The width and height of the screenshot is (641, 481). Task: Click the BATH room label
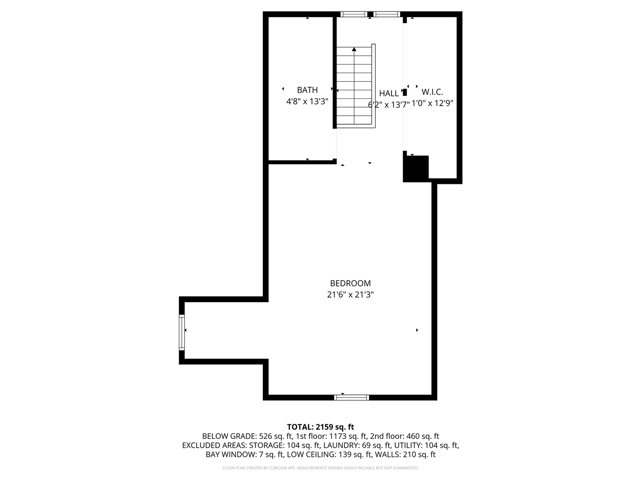(307, 90)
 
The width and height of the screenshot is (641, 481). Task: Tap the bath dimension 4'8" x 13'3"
(307, 102)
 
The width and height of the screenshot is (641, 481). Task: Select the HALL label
(389, 93)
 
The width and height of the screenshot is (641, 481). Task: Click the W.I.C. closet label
(432, 92)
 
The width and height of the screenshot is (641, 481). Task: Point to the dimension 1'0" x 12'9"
(432, 104)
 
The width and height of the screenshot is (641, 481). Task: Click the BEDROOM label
(350, 284)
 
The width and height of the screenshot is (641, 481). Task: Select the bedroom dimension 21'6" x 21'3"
(350, 295)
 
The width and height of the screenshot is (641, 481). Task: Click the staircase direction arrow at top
(354, 49)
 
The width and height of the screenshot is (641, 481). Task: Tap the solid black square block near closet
(416, 168)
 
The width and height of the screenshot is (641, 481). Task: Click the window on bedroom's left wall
(182, 331)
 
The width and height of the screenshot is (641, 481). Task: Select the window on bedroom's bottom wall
(352, 397)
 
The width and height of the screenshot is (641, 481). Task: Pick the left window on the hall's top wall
(354, 15)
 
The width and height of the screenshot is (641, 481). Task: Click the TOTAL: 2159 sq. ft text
(320, 427)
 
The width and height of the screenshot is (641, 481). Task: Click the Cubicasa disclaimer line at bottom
(320, 468)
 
